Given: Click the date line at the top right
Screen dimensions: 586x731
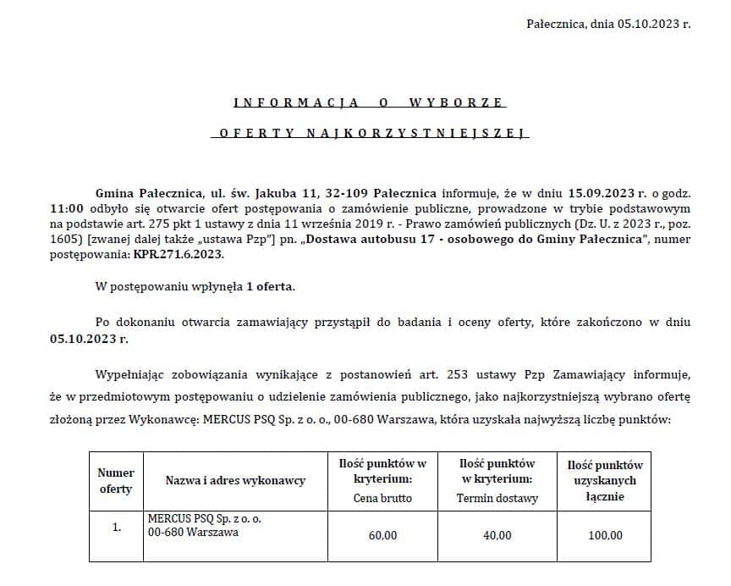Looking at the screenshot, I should pos(607,24).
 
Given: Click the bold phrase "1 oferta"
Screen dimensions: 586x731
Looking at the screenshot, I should pos(271,287).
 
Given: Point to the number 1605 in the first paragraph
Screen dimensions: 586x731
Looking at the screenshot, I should pos(66,238).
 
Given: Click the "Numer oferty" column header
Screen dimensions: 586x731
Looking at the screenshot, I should pos(116,481).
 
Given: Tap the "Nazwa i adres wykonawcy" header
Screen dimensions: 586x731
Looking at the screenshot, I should pos(235,481).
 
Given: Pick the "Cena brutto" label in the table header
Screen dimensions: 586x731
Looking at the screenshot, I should pos(382,498).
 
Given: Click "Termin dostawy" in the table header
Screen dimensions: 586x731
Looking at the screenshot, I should pos(497,498).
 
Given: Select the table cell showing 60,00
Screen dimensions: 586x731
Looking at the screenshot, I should pos(382,535).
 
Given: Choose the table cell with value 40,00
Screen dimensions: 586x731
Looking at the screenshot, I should pos(497,535).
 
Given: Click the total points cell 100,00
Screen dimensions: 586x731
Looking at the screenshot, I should pos(604,535).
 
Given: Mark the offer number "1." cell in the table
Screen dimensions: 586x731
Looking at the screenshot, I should pos(116,527).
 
